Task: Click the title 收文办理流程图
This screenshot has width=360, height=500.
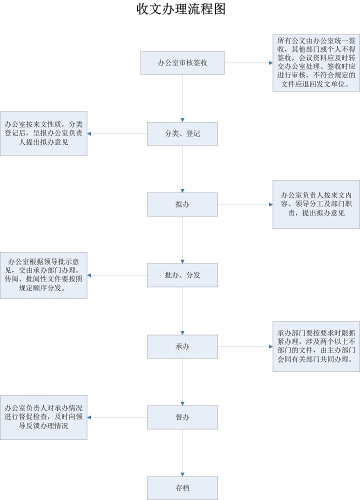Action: (x=181, y=9)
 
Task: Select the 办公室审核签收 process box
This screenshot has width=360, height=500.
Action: (x=182, y=63)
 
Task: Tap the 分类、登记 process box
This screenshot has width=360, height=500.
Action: (x=182, y=133)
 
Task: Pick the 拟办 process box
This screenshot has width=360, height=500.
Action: (x=182, y=204)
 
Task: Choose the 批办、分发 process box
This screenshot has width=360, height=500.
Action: (x=182, y=275)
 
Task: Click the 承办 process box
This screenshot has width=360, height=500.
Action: (x=182, y=346)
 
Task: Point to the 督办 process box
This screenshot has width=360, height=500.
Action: (x=182, y=417)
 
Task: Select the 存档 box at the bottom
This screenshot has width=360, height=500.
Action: (x=182, y=488)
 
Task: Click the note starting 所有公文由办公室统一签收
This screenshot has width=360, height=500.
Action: (x=316, y=63)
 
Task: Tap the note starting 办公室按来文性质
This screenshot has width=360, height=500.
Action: (x=43, y=133)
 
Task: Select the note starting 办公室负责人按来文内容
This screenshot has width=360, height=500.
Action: (x=316, y=204)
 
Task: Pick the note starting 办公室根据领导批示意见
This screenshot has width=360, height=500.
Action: (x=43, y=275)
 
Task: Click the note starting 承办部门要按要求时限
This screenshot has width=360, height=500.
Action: (x=316, y=346)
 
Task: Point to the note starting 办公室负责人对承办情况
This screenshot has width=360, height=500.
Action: (x=43, y=417)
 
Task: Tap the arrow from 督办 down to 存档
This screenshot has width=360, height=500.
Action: (x=182, y=452)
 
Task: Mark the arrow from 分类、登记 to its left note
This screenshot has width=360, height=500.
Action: (x=117, y=133)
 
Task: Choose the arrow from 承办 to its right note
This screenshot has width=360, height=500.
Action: (x=245, y=346)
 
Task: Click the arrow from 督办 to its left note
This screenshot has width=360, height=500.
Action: (x=117, y=417)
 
